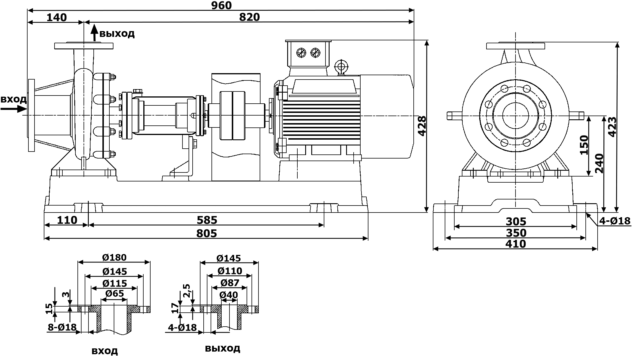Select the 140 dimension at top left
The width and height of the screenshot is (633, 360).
(x=57, y=17)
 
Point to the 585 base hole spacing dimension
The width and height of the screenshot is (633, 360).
(x=207, y=220)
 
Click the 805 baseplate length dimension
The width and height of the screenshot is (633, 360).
(x=207, y=233)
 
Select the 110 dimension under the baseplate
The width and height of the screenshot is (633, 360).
(x=67, y=220)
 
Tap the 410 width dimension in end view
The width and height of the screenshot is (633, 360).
(x=516, y=244)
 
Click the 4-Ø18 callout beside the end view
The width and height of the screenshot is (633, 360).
(x=614, y=221)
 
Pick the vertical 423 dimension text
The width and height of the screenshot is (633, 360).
(x=612, y=127)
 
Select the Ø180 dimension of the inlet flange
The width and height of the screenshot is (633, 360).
(x=114, y=258)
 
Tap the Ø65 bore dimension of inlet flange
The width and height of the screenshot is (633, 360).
(x=115, y=294)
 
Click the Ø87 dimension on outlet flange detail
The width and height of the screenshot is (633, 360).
(x=229, y=282)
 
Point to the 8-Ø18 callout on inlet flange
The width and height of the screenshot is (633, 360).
(x=62, y=327)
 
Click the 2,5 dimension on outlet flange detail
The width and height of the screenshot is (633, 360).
(x=187, y=291)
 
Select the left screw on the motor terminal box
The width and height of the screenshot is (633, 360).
(x=301, y=53)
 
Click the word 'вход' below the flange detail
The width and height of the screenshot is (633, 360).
(x=105, y=351)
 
